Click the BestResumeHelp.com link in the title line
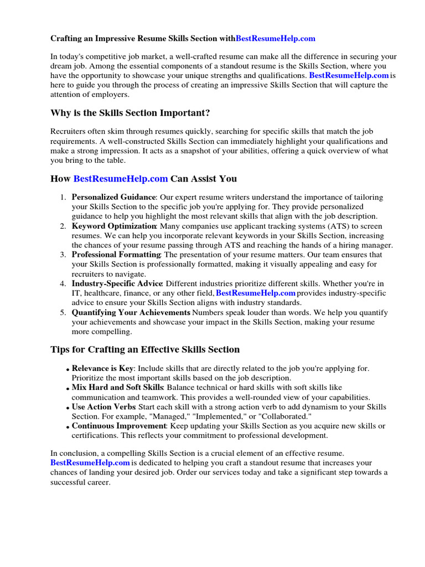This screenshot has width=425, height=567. (x=276, y=39)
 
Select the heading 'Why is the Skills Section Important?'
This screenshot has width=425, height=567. (x=130, y=113)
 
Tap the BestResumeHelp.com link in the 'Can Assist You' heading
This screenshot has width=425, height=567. (x=120, y=178)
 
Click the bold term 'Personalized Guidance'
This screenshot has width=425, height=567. (x=114, y=197)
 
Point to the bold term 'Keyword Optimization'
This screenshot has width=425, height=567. (x=114, y=226)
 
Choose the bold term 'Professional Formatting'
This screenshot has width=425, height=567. (x=116, y=255)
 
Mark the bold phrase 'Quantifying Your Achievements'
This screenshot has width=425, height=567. (x=131, y=312)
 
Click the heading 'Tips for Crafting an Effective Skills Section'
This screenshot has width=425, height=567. (x=145, y=349)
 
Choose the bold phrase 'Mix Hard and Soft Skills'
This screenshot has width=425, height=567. (x=117, y=387)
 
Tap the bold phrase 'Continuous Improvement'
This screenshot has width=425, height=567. (x=119, y=426)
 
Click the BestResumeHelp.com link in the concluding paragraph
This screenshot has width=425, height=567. (x=90, y=462)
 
